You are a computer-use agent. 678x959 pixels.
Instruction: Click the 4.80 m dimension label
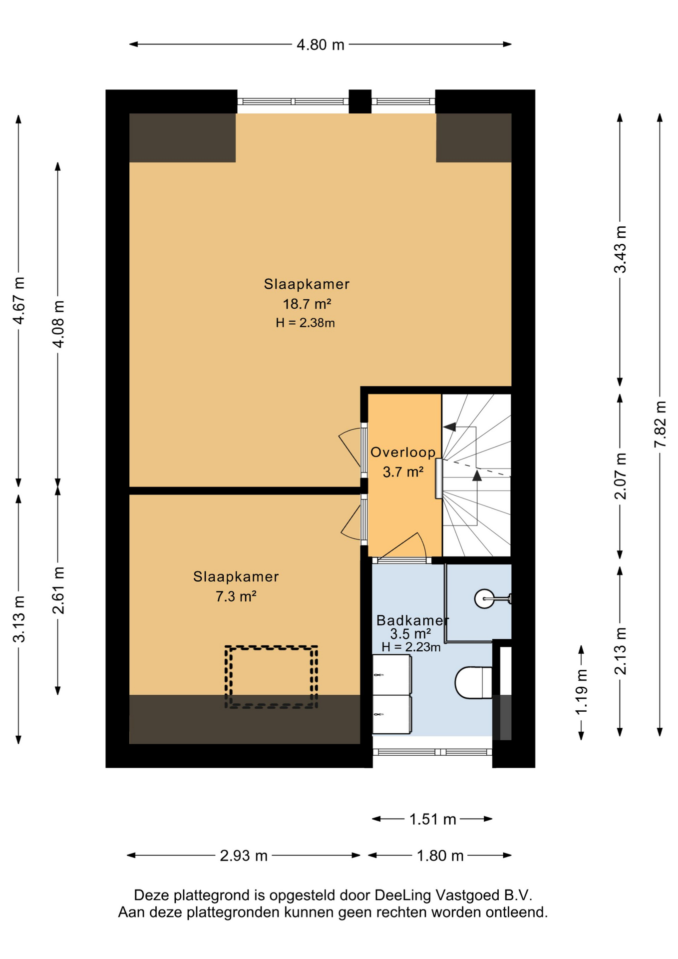pos(321,45)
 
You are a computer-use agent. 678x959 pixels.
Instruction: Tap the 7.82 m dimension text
pos(660,424)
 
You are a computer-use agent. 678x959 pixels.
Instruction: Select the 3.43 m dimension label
pos(620,249)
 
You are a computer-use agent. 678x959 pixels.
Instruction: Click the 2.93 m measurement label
pos(244,856)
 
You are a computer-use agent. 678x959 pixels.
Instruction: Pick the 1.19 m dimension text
pos(581,692)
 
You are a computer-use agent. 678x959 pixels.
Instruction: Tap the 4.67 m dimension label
pos(19,300)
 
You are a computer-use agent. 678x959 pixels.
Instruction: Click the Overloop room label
pos(403,453)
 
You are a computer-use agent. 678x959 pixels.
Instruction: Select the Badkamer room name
pos(412,620)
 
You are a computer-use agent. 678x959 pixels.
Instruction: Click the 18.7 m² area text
pos(307,304)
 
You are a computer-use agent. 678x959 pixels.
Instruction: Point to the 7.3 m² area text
pos(236,596)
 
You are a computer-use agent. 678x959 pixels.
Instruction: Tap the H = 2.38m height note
pos(305,323)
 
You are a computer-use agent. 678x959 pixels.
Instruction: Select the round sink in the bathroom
pos(484,598)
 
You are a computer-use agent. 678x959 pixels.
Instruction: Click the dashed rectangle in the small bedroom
pos(271,677)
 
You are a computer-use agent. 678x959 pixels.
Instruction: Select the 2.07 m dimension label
pos(620,476)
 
